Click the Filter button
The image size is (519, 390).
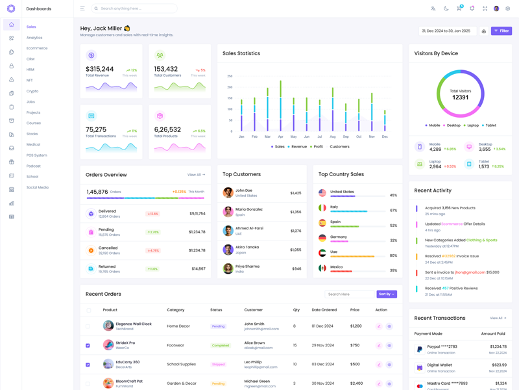tap(501, 31)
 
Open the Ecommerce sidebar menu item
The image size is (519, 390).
tap(37, 48)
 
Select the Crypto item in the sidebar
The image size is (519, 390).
tap(32, 91)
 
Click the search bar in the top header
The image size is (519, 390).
tap(134, 8)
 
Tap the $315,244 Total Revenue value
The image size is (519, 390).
tap(99, 69)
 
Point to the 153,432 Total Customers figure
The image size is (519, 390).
tap(165, 69)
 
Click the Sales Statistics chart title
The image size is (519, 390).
tap(241, 53)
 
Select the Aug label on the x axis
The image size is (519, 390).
tap(333, 136)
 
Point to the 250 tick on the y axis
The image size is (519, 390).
tap(230, 76)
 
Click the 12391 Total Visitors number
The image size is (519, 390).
tap(460, 97)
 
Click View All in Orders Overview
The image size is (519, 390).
tap(196, 175)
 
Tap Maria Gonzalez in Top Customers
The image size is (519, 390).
tap(249, 209)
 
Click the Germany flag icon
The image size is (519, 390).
tap(322, 238)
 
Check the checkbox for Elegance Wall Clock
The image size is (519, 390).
tap(88, 326)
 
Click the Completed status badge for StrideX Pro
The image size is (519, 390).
tap(221, 345)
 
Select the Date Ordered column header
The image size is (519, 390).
tap(324, 310)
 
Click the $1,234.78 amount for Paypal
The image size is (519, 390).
tap(498, 346)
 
